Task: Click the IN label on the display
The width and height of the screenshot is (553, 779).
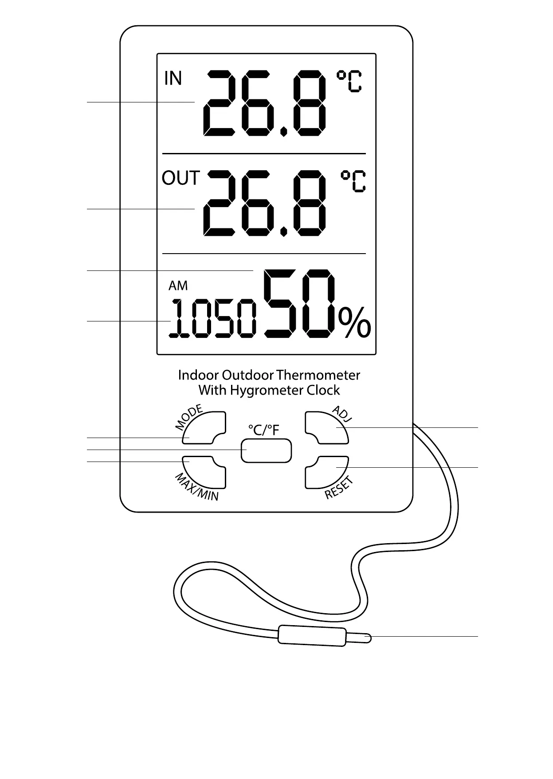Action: click(173, 78)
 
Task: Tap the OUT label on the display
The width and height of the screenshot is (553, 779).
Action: click(181, 178)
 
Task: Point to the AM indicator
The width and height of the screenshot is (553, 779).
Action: click(178, 286)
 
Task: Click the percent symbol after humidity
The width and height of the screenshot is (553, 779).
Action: click(354, 322)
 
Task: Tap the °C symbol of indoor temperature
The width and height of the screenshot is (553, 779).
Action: click(349, 81)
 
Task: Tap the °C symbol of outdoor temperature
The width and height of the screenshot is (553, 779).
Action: click(353, 181)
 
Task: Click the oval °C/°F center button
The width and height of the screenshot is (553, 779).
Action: click(266, 451)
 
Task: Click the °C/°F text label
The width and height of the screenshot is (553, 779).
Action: click(264, 430)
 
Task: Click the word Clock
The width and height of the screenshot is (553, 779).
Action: click(323, 391)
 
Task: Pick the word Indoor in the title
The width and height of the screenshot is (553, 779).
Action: click(198, 376)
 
